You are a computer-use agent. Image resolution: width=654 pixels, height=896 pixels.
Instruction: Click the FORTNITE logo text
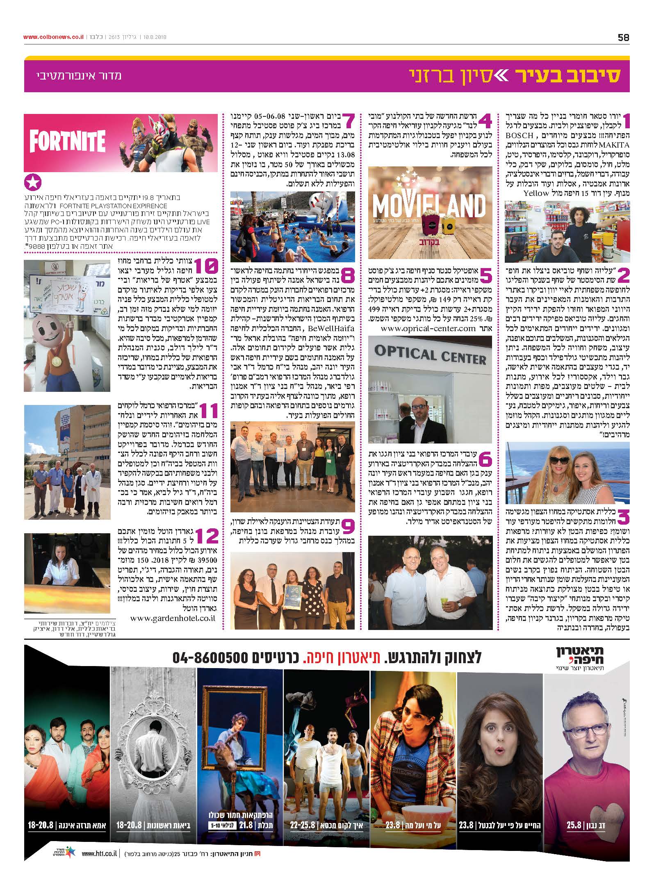tap(67, 141)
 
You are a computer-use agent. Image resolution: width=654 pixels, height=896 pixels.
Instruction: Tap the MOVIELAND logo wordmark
tap(428, 205)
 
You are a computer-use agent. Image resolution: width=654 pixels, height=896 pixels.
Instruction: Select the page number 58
tap(623, 37)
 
